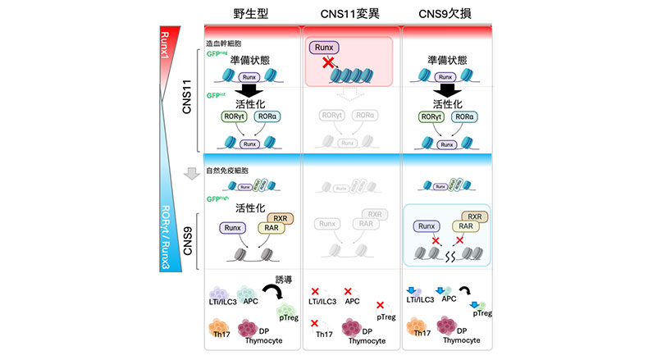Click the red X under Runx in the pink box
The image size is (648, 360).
pyautogui.click(x=328, y=63)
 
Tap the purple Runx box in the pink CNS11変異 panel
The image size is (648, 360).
pyautogui.click(x=324, y=48)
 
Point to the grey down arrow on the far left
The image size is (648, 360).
pyautogui.click(x=190, y=174)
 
